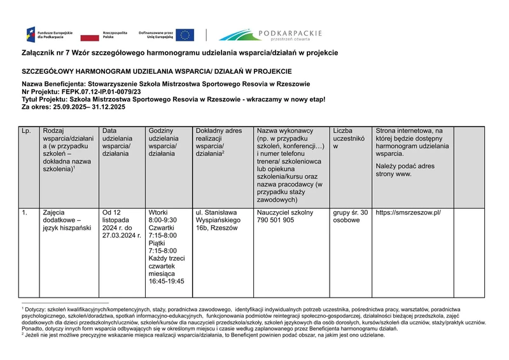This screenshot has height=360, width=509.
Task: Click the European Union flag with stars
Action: tap(185, 34)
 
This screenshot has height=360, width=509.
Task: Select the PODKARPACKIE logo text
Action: tap(289, 33)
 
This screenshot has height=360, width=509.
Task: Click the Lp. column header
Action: tap(26, 130)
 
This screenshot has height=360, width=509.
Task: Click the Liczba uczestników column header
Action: tap(349, 138)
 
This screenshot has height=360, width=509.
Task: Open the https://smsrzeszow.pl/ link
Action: tap(408, 212)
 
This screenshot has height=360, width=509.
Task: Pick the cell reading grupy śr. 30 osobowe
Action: tap(350, 216)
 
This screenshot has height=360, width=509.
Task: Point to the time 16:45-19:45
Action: tap(166, 280)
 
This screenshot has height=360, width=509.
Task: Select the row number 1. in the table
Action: tap(24, 212)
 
